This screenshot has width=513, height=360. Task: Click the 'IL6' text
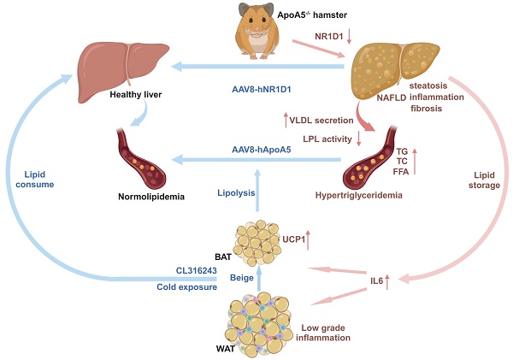coord(377,280)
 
